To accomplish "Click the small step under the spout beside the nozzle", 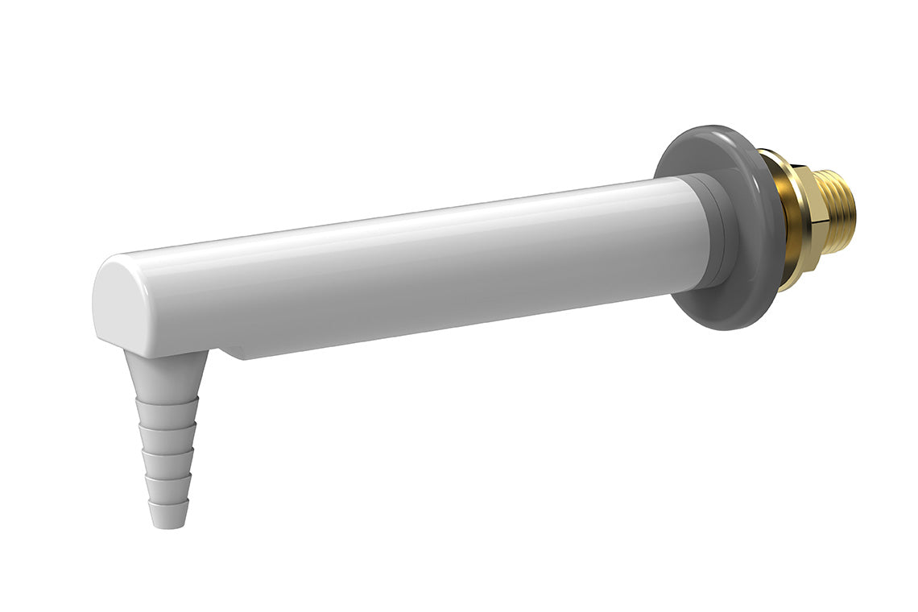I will coord(234,353).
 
